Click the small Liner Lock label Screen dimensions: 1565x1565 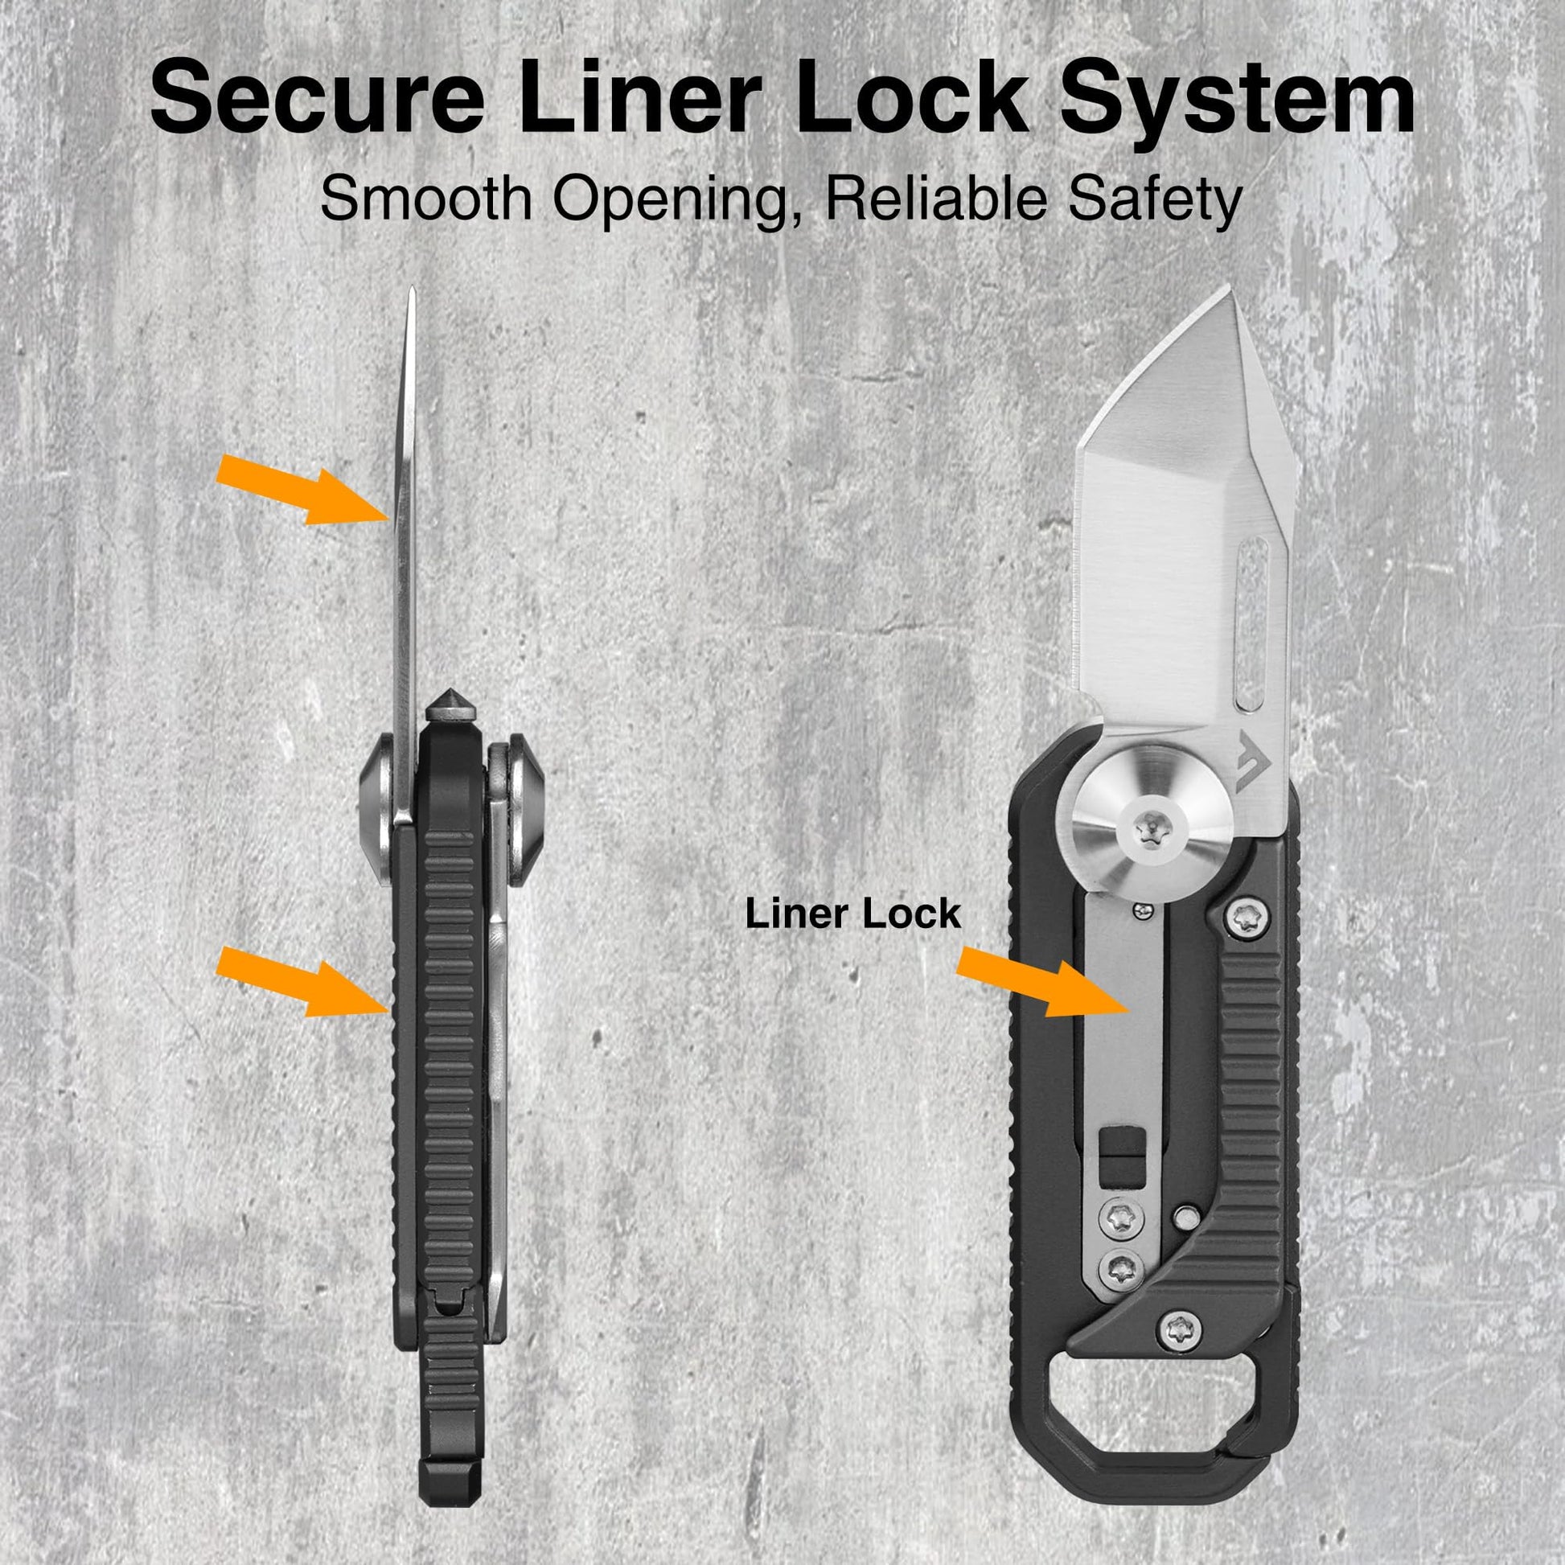click(x=853, y=914)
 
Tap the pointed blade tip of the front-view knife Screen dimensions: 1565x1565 click(x=1230, y=289)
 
